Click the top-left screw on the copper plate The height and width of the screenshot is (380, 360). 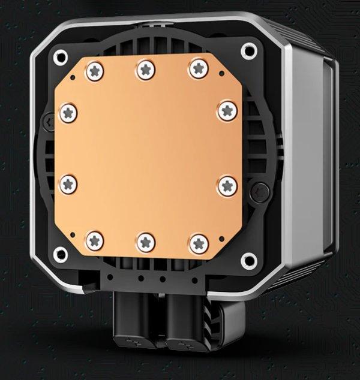(x=95, y=71)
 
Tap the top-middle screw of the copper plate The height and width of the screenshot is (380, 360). (x=146, y=69)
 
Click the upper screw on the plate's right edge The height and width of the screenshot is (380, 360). (x=227, y=110)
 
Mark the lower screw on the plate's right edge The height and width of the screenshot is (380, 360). (x=227, y=185)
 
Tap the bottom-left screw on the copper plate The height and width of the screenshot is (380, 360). (x=95, y=241)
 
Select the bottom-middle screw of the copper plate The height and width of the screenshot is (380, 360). (x=146, y=243)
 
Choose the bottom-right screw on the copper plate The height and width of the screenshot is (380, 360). (x=199, y=242)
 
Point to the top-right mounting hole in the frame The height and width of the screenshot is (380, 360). (x=248, y=51)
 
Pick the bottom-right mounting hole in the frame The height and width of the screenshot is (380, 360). (x=248, y=261)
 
